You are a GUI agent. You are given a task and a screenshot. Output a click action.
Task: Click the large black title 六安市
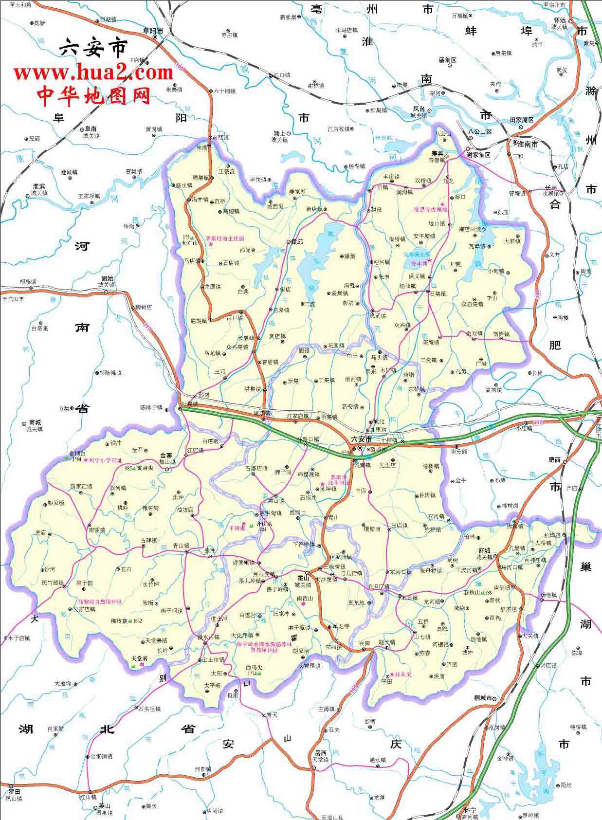click(93, 48)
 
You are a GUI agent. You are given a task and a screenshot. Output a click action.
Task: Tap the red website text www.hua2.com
click(93, 73)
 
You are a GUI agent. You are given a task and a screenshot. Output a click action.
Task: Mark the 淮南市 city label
click(528, 144)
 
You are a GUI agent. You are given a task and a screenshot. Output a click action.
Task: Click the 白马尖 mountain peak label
click(254, 667)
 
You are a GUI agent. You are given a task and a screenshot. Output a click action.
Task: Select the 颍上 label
click(279, 133)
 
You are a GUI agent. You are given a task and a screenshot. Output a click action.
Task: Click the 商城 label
click(35, 422)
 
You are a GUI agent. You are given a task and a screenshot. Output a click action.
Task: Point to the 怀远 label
click(559, 20)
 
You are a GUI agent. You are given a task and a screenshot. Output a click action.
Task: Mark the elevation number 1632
click(137, 621)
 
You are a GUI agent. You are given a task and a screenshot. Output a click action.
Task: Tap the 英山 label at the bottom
click(104, 806)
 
